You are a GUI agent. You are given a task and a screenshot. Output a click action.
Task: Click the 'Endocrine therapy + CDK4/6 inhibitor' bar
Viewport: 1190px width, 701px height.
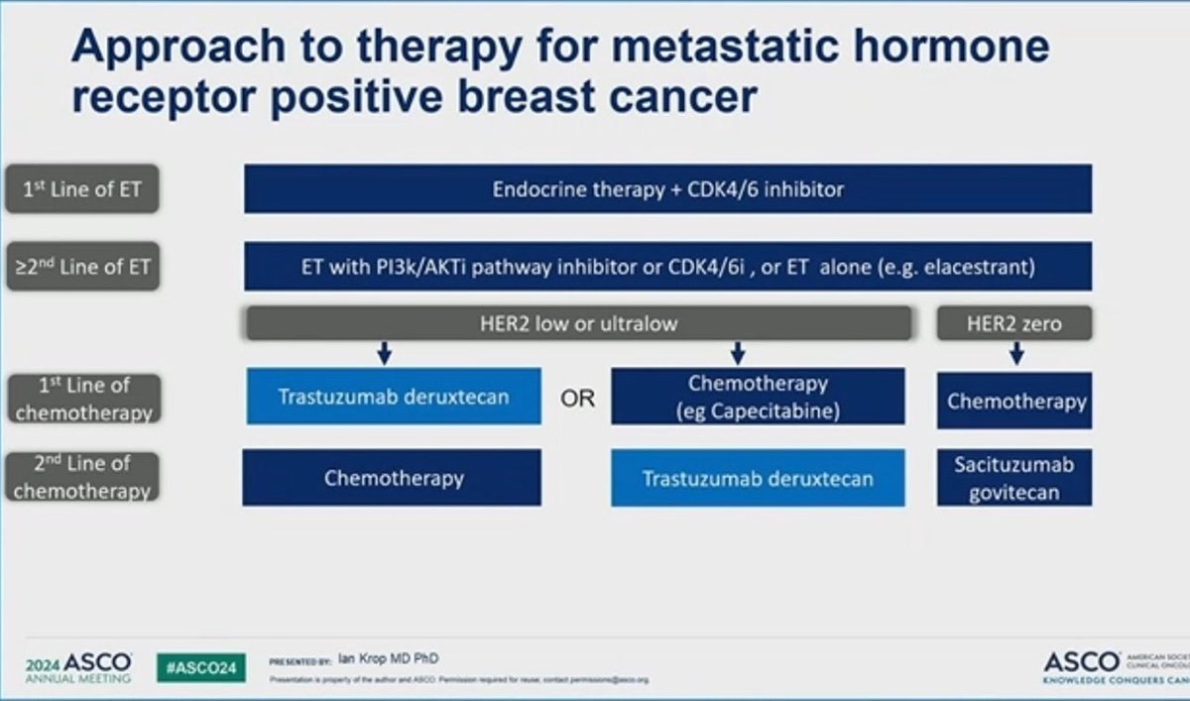click(x=667, y=188)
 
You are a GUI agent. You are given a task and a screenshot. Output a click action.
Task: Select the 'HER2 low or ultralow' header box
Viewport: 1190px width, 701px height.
click(x=578, y=323)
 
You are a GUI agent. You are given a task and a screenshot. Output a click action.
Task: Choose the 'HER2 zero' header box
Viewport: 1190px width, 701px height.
click(x=1013, y=323)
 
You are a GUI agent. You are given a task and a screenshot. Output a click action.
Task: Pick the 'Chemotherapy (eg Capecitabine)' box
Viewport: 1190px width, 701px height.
click(x=758, y=397)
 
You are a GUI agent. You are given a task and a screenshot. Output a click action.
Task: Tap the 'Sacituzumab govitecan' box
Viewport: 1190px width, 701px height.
click(x=1014, y=477)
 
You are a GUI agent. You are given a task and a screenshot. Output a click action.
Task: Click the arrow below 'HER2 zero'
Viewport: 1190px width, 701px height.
click(x=1014, y=353)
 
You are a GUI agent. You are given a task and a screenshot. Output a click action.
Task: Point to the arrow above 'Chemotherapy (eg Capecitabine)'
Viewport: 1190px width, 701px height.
click(x=737, y=353)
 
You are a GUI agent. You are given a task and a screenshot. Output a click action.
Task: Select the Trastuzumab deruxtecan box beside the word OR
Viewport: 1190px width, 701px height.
click(x=394, y=397)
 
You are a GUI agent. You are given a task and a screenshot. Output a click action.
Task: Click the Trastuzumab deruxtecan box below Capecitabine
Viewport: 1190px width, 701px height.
click(x=758, y=478)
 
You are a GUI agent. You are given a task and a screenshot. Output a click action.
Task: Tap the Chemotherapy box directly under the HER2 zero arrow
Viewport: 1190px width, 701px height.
click(x=1014, y=401)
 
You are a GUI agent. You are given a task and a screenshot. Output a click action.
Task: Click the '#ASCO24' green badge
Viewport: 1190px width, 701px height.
click(x=201, y=667)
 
